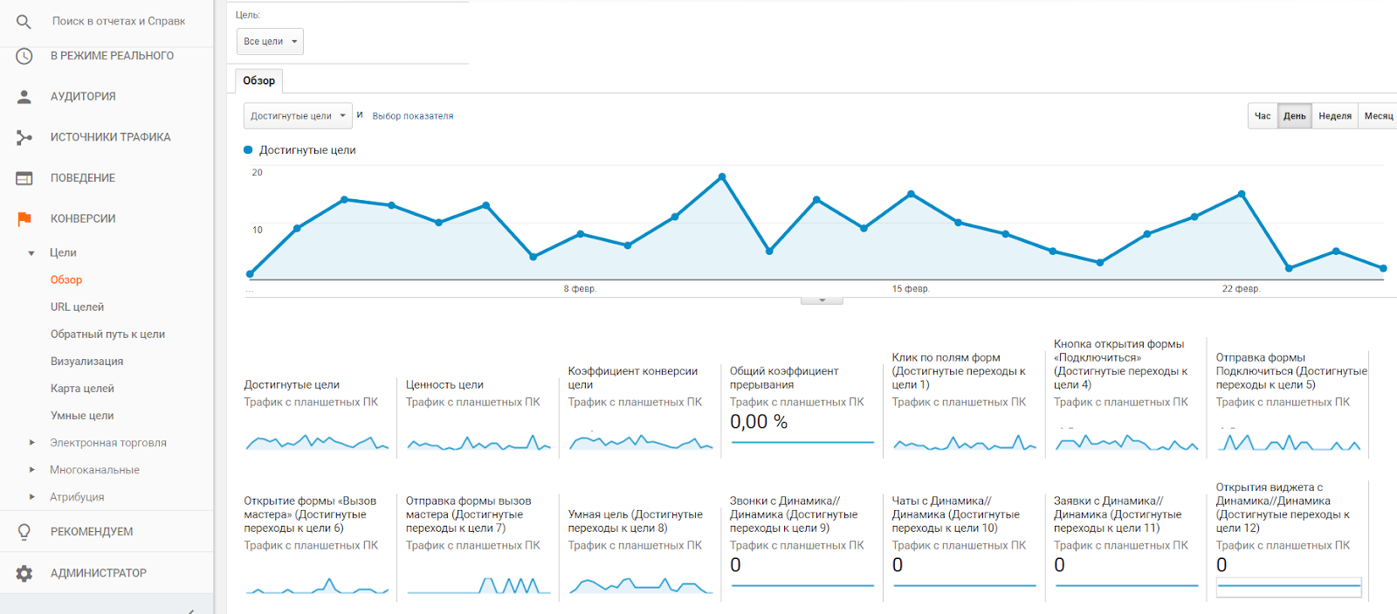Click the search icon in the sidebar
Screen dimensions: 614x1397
pos(24,21)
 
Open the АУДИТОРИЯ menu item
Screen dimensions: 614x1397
pos(83,96)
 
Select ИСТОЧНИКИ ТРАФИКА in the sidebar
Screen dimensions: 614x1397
pos(110,137)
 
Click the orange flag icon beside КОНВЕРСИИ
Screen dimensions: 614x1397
pos(24,218)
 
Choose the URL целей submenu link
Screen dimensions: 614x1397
pos(77,307)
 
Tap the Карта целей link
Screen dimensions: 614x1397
pos(82,388)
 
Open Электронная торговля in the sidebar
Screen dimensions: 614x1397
pos(107,443)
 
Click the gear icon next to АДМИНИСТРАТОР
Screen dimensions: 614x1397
pos(24,573)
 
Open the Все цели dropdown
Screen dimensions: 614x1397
pos(270,41)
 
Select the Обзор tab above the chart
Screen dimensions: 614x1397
pos(258,80)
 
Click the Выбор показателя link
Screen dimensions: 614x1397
pos(412,115)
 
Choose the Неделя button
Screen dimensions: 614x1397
pos(1334,115)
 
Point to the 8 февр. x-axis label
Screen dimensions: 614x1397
pos(580,288)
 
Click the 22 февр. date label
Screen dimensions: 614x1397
pos(1241,288)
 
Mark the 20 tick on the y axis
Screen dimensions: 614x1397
pos(257,172)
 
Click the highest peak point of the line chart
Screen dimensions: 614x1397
pos(722,176)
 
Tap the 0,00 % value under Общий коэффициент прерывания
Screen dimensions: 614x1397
pos(758,422)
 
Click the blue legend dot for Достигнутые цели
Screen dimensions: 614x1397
pos(248,150)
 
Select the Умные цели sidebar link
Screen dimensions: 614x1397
pos(82,416)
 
